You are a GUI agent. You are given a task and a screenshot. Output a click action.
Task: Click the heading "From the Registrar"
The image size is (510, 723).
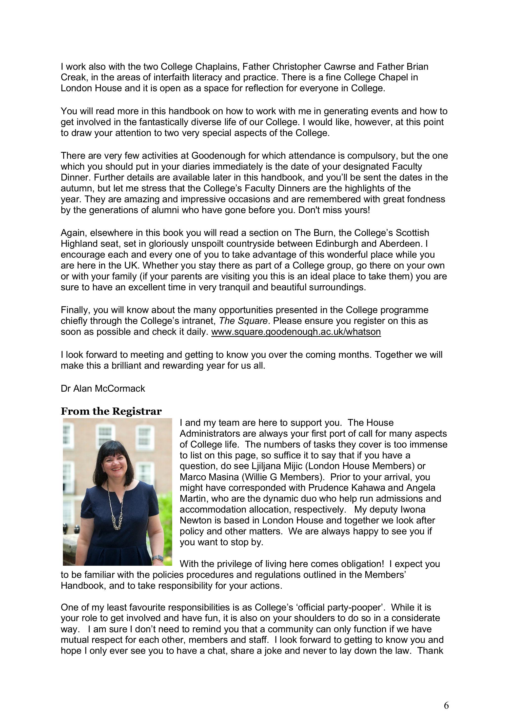[111, 411]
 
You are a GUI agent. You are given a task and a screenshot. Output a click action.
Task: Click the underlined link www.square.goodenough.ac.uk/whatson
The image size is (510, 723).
[296, 332]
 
